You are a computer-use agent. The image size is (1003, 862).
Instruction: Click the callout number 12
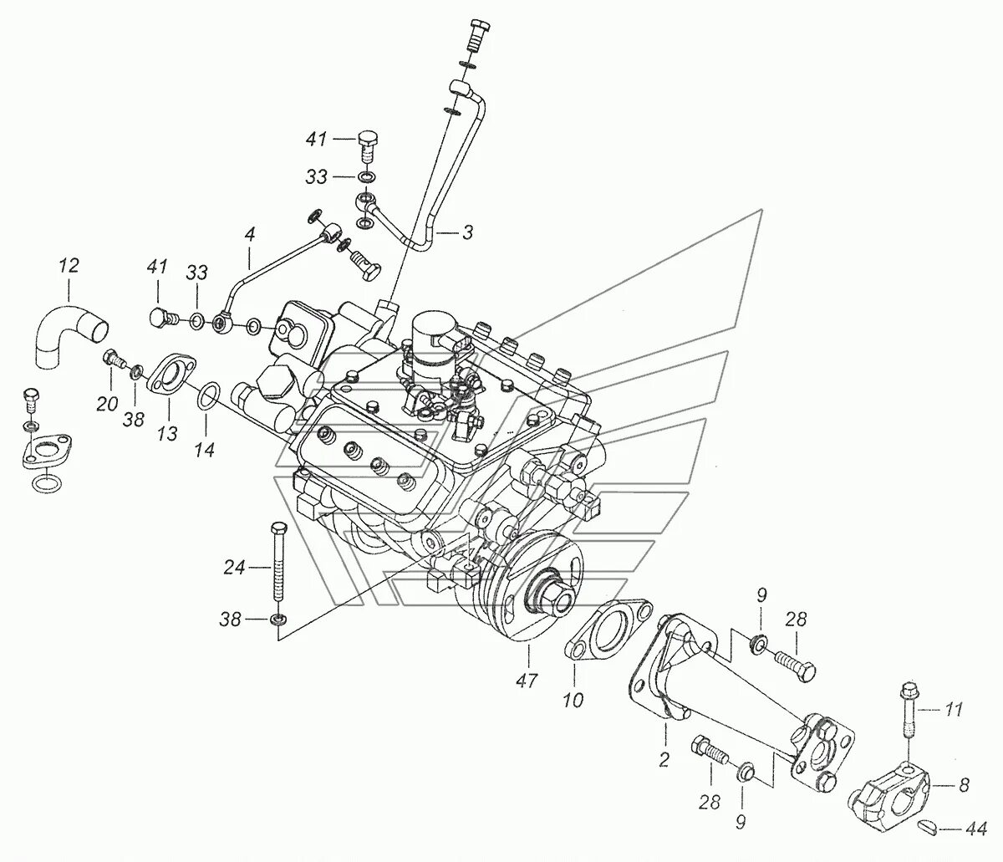coord(69,267)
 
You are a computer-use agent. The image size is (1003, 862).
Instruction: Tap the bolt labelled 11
coord(909,710)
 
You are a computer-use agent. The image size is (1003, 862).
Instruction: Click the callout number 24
coord(234,569)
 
